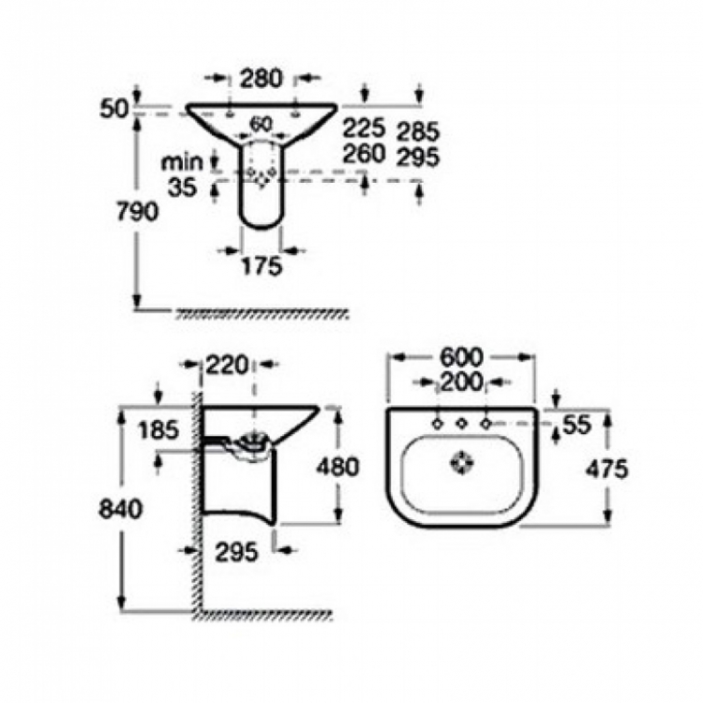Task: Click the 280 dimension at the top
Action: click(262, 78)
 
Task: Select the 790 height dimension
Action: click(137, 211)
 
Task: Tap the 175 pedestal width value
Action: click(262, 266)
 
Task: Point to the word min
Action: click(182, 162)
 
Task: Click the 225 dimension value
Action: click(365, 128)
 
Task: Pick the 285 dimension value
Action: click(418, 131)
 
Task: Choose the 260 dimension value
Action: click(365, 154)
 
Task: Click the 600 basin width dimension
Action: click(461, 357)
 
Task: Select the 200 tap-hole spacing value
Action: click(461, 382)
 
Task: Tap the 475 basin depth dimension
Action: click(607, 470)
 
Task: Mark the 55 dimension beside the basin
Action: click(577, 425)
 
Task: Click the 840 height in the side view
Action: click(120, 509)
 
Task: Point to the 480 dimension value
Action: click(337, 467)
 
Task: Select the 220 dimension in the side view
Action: click(227, 365)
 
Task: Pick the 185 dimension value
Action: click(158, 430)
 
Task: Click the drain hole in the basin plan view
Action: click(461, 463)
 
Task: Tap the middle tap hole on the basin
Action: click(461, 424)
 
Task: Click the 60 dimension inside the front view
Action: click(262, 124)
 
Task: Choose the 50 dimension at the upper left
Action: click(113, 109)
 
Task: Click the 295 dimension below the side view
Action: click(237, 552)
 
